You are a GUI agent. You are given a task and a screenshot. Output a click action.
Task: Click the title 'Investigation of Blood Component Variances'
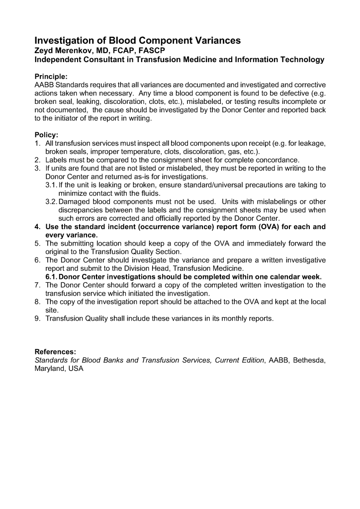pos(137,41)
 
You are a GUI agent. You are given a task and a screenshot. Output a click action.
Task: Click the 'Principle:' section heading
pos(51,77)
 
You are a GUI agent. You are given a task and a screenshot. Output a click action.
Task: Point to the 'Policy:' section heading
pos(46,135)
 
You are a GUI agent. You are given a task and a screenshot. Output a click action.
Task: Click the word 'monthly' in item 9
pos(223,319)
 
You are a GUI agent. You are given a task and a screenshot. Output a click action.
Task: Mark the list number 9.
pos(38,319)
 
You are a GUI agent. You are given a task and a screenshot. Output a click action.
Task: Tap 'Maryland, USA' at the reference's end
pos(59,369)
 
